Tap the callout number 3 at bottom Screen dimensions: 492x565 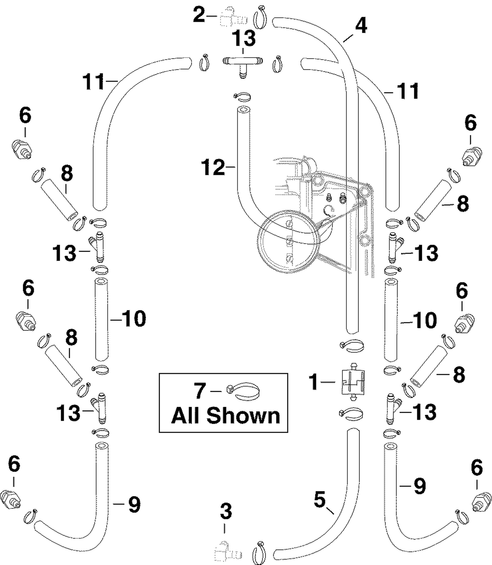[x=226, y=512]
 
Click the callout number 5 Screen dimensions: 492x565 [x=320, y=499]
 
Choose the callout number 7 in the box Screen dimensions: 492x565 [x=200, y=391]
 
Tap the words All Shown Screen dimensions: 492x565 [x=226, y=416]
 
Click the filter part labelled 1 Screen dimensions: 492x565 [x=353, y=382]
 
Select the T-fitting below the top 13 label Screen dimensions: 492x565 [x=243, y=65]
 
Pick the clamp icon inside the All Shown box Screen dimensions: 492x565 [x=243, y=391]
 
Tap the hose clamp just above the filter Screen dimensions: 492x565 [x=352, y=346]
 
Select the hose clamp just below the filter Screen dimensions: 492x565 [x=351, y=414]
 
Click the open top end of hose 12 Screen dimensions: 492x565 [x=243, y=109]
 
